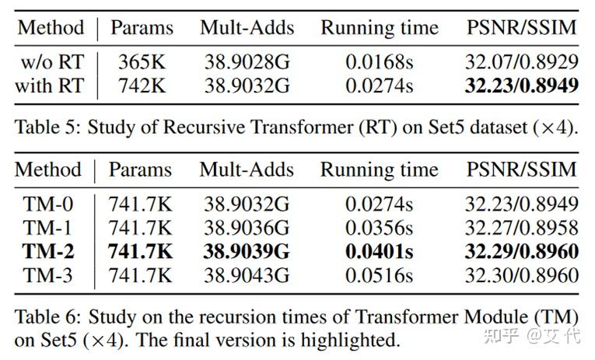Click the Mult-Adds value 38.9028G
pyautogui.click(x=247, y=62)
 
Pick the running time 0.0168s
pyautogui.click(x=379, y=62)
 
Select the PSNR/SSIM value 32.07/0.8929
pyautogui.click(x=522, y=62)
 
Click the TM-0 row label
pyautogui.click(x=47, y=204)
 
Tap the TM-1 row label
pyautogui.click(x=47, y=228)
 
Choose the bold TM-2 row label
pyautogui.click(x=47, y=251)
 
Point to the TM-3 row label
pyautogui.click(x=47, y=274)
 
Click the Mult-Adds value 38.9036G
pyautogui.click(x=247, y=228)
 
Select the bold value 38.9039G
pyautogui.click(x=247, y=251)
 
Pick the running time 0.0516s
pyautogui.click(x=379, y=274)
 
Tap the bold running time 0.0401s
pyautogui.click(x=379, y=251)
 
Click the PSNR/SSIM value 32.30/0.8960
pyautogui.click(x=522, y=274)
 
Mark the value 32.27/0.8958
pyautogui.click(x=522, y=228)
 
